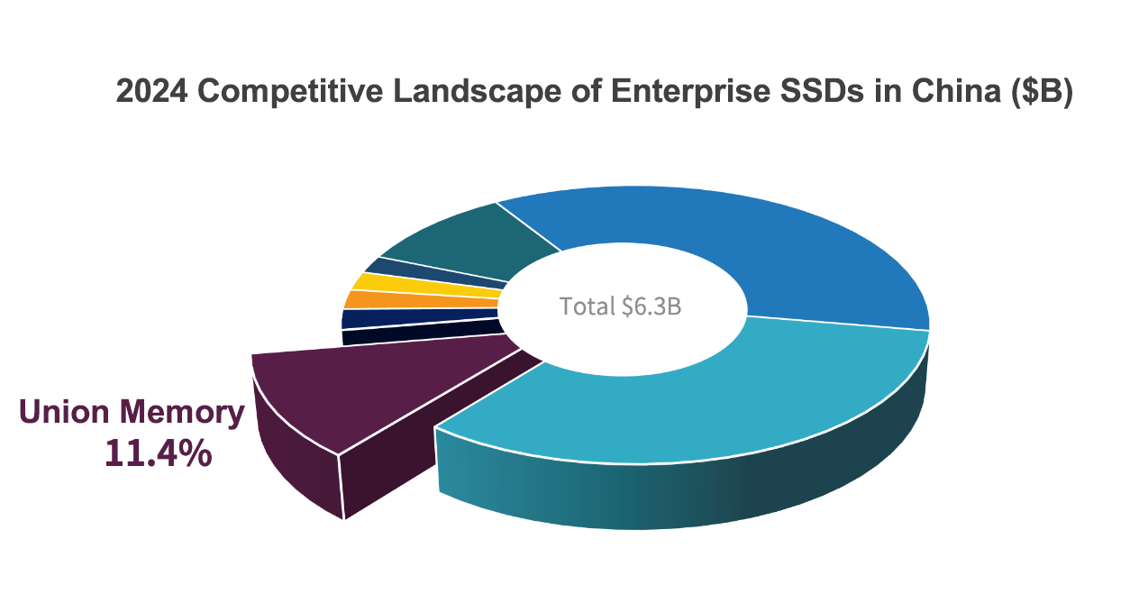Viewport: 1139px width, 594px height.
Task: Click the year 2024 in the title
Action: [x=150, y=92]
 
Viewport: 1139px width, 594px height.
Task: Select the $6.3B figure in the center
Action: [x=652, y=306]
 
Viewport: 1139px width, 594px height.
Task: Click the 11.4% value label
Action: [x=158, y=453]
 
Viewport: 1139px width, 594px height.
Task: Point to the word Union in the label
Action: [x=68, y=412]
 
